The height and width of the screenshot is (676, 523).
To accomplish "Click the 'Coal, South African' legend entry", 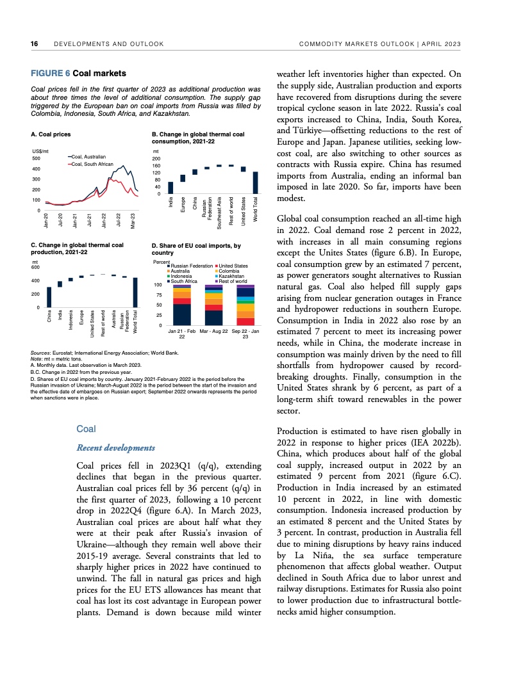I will [x=92, y=165].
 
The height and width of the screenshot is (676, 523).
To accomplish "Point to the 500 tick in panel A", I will [x=36, y=158].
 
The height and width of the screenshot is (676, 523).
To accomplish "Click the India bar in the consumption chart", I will [x=170, y=188].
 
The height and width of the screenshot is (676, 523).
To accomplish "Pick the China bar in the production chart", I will [x=49, y=296].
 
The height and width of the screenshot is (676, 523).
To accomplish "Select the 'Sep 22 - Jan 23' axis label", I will [x=245, y=335].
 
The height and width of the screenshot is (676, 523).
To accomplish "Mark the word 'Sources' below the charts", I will [x=41, y=353].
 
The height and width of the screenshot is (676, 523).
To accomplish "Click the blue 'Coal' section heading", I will [x=86, y=429].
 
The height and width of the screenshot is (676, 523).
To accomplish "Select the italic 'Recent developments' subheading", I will [x=115, y=447].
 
